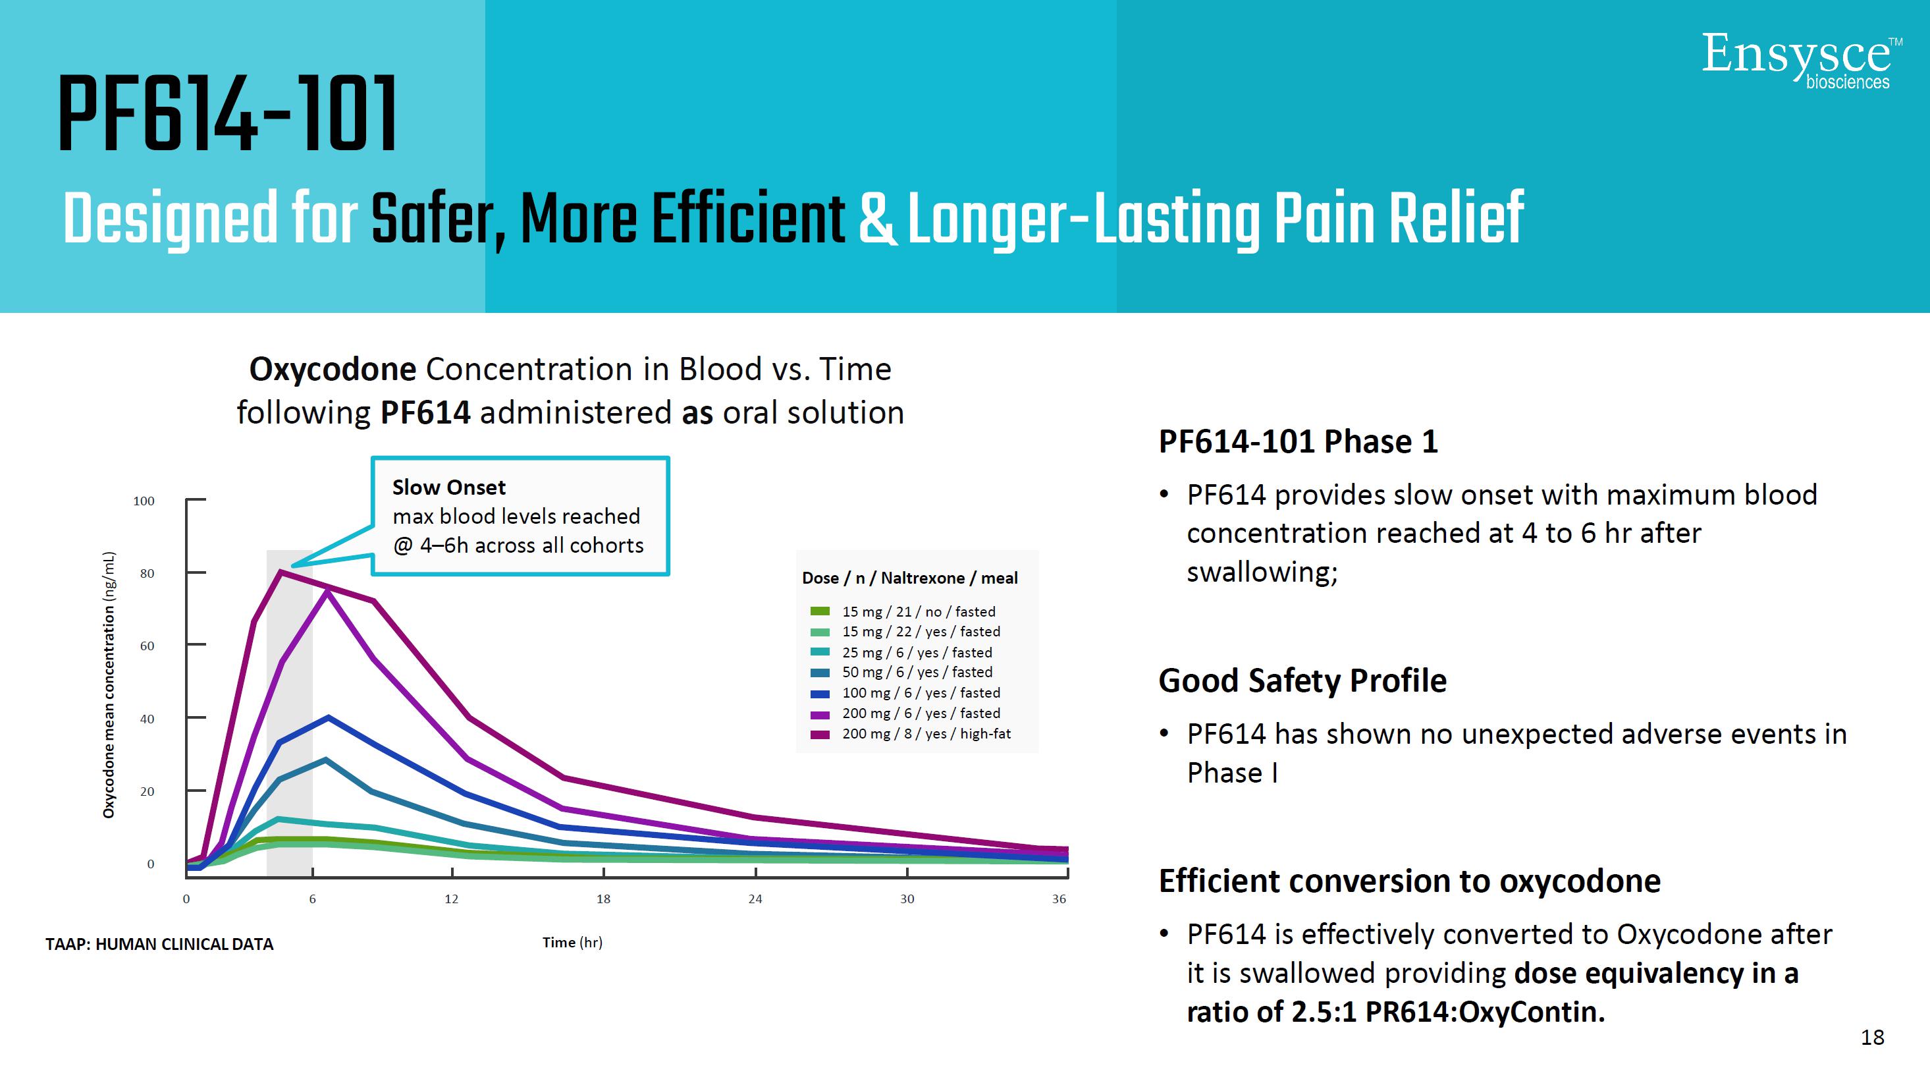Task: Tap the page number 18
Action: pyautogui.click(x=1872, y=1037)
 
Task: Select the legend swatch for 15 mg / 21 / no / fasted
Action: pyautogui.click(x=820, y=611)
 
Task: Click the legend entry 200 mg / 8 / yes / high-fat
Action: pyautogui.click(x=926, y=734)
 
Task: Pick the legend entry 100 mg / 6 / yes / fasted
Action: pyautogui.click(x=921, y=693)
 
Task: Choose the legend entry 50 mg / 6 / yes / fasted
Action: pyautogui.click(x=917, y=672)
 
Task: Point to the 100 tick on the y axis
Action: pyautogui.click(x=144, y=501)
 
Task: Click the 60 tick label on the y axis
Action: pyautogui.click(x=147, y=646)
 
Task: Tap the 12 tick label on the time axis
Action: pyautogui.click(x=451, y=899)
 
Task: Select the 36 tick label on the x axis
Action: pyautogui.click(x=1059, y=899)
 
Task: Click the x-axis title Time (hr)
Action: pyautogui.click(x=572, y=943)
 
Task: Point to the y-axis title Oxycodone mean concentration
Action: pyautogui.click(x=109, y=685)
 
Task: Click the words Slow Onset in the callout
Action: pyautogui.click(x=449, y=487)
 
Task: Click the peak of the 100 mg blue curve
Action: pyautogui.click(x=328, y=718)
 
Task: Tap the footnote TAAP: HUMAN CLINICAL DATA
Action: pyautogui.click(x=159, y=944)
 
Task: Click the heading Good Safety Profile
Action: pyautogui.click(x=1302, y=681)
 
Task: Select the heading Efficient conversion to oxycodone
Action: pyautogui.click(x=1409, y=881)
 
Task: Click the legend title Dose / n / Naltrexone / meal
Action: pyautogui.click(x=909, y=578)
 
